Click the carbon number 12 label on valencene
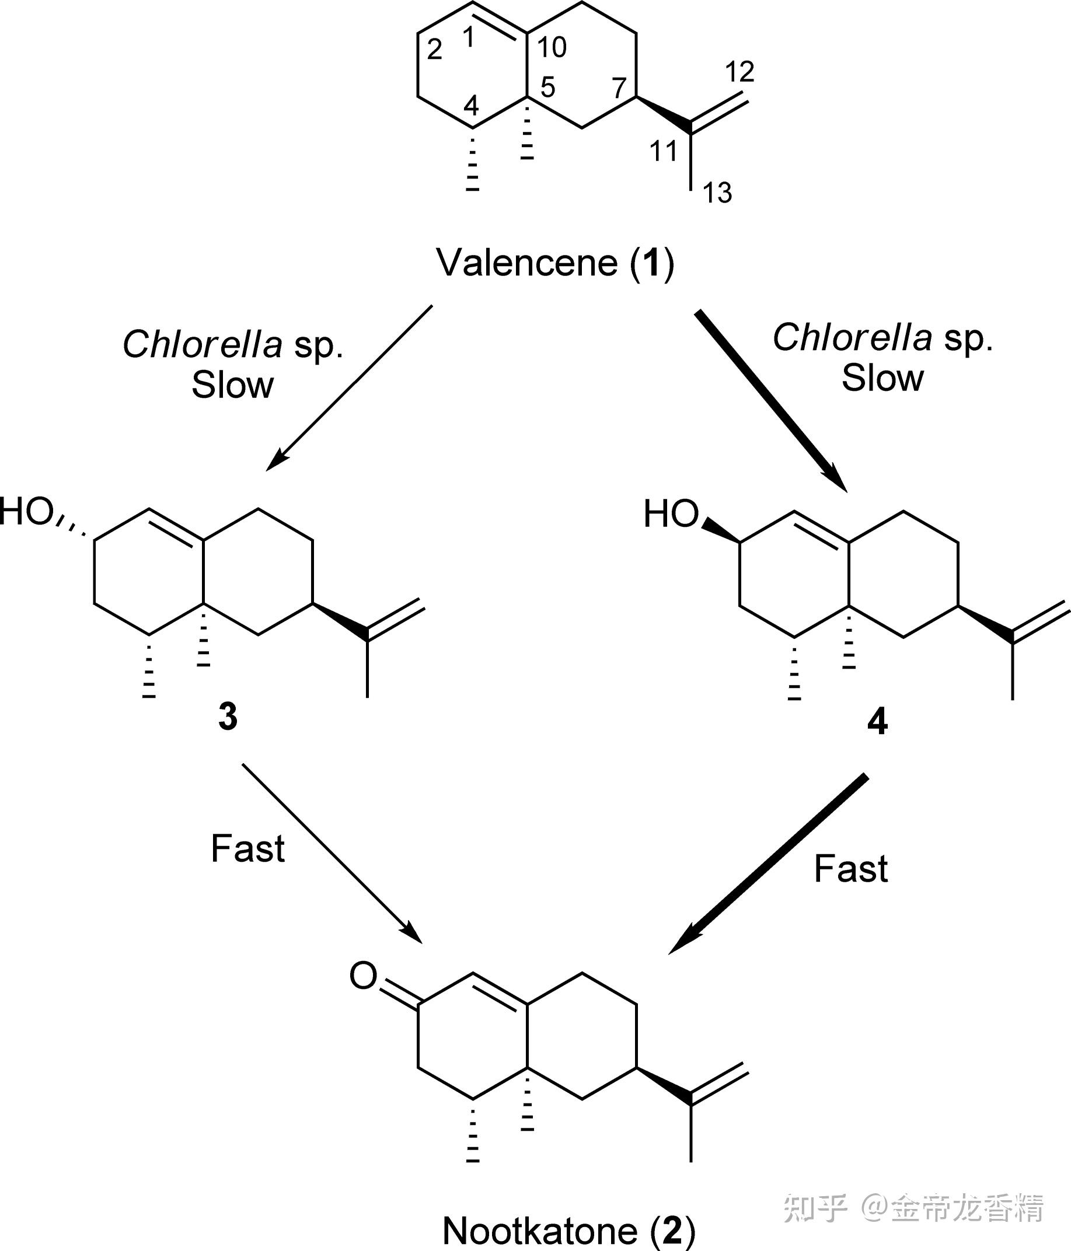pos(739,72)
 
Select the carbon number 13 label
pos(717,193)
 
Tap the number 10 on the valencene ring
pos(552,47)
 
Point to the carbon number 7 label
pos(619,89)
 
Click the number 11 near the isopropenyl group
pos(662,151)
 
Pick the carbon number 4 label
pos(471,106)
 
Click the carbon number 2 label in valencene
pos(434,50)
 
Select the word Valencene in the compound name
pos(526,263)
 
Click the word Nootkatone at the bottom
pos(540,1230)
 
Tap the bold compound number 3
pos(228,717)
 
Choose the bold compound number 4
pos(877,722)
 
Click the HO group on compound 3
pos(27,512)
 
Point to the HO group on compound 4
pos(671,515)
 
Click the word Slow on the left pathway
pos(232,385)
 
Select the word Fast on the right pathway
pos(850,869)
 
